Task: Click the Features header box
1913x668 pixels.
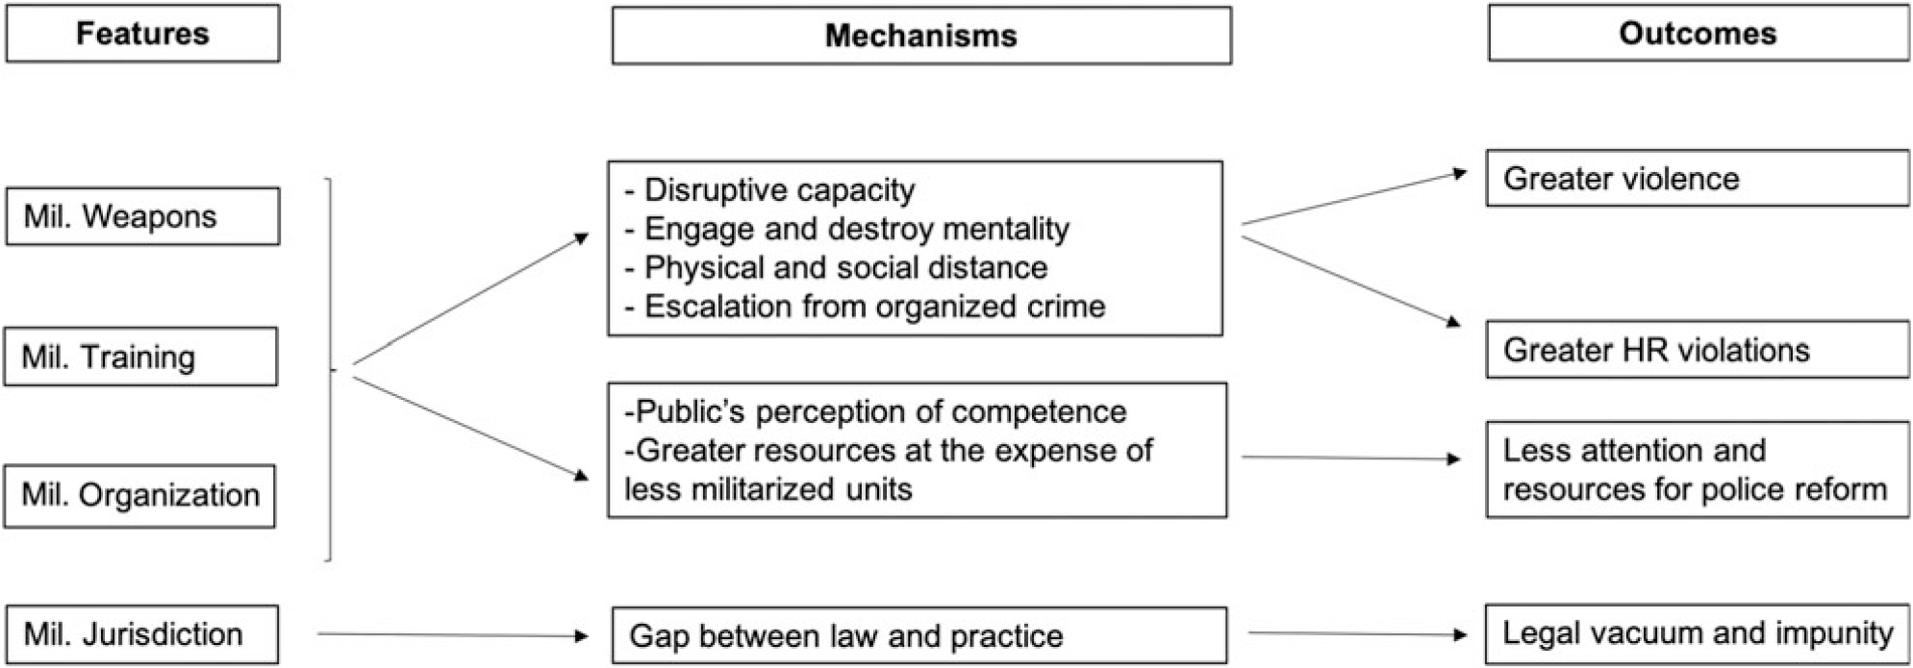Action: tap(142, 34)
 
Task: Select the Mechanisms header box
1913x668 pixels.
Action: tap(920, 36)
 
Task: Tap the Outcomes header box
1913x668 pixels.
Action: tap(1698, 34)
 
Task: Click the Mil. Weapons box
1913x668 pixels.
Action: tap(142, 216)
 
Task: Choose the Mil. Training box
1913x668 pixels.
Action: tap(140, 357)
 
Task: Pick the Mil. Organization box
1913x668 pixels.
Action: tap(139, 496)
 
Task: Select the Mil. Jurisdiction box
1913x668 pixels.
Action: tap(141, 634)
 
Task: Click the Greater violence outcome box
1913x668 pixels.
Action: tap(1697, 179)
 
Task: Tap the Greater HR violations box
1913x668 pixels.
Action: tap(1697, 350)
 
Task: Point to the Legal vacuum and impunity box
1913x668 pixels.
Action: tap(1697, 633)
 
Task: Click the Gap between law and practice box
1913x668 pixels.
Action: tap(919, 635)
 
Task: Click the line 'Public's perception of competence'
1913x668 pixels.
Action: tap(875, 411)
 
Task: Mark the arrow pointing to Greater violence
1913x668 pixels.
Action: tap(1354, 199)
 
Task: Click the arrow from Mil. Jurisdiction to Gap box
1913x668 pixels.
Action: tap(452, 634)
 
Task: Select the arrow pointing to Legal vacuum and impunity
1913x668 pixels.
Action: tap(1356, 633)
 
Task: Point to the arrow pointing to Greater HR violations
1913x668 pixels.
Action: tap(1351, 281)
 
